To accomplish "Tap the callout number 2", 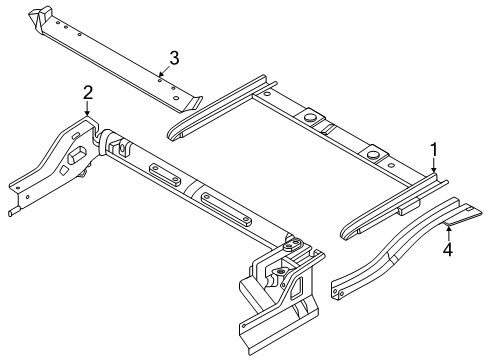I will (88, 93).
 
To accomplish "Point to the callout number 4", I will (448, 250).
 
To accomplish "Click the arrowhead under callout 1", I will (434, 174).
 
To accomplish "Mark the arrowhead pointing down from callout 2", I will (88, 117).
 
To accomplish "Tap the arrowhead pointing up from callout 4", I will (448, 228).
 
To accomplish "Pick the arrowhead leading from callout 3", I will (161, 72).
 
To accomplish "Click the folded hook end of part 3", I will (41, 17).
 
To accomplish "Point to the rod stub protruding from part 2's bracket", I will (12, 211).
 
